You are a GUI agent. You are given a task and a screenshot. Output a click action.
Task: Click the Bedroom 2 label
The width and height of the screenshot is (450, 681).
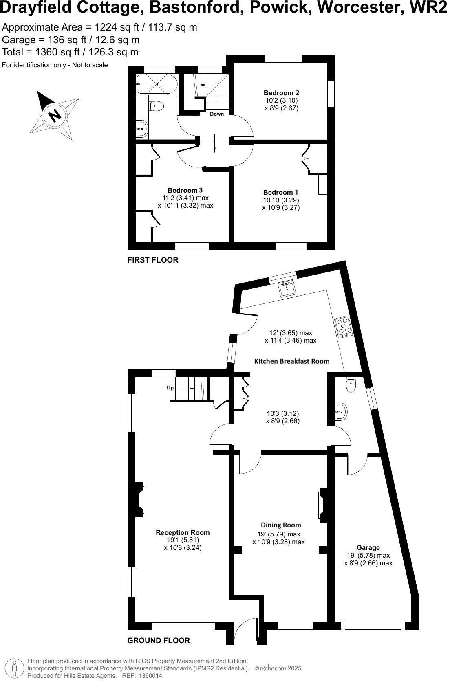tap(281, 93)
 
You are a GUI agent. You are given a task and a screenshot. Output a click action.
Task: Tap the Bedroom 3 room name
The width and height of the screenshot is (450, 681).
tap(185, 190)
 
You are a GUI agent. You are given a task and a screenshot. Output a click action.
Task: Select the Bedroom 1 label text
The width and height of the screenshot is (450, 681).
tap(281, 192)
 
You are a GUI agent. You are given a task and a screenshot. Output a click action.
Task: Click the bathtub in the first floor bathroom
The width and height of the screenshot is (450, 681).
tap(157, 84)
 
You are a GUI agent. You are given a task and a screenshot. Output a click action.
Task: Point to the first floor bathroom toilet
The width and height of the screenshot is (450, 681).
tap(157, 106)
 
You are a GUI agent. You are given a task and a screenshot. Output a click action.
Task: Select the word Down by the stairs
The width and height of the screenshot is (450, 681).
tap(217, 114)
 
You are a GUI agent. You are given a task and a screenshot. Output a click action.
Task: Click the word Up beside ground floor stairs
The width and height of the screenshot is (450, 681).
tap(170, 388)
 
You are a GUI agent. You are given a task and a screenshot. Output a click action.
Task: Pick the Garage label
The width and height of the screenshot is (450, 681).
tap(368, 548)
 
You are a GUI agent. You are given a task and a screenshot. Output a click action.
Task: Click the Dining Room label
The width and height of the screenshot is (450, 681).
tap(281, 525)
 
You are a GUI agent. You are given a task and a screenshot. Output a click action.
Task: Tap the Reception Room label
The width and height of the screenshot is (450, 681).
tap(183, 532)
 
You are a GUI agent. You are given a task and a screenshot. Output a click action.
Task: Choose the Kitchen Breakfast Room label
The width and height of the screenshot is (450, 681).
tap(291, 361)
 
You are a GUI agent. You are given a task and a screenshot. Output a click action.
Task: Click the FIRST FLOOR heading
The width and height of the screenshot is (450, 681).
tap(153, 260)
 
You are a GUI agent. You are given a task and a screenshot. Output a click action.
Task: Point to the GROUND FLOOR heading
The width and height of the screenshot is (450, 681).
tap(159, 641)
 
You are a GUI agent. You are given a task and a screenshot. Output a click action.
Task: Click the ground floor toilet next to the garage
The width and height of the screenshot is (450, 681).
tap(351, 384)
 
